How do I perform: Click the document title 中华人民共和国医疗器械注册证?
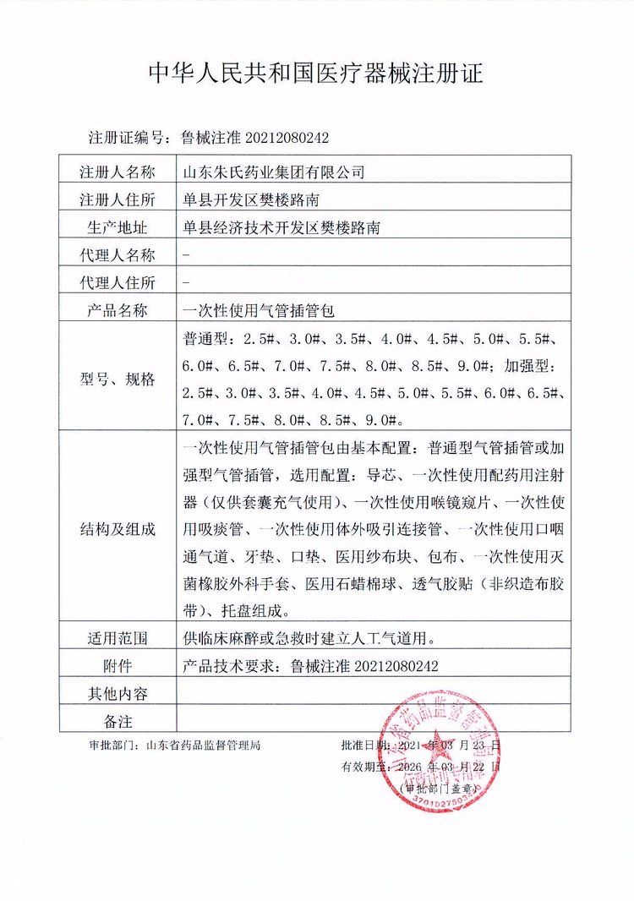click(x=316, y=74)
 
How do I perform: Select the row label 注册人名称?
click(x=118, y=172)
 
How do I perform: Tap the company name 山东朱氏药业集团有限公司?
click(x=274, y=172)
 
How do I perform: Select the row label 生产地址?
click(x=118, y=227)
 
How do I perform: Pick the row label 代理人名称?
click(x=118, y=255)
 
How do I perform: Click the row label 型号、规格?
click(x=118, y=380)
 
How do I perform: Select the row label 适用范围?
click(x=118, y=638)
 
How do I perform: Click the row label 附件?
click(x=118, y=665)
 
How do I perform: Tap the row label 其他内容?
click(x=118, y=693)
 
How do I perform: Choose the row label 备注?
click(x=118, y=720)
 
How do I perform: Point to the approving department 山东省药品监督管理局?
click(x=203, y=746)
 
